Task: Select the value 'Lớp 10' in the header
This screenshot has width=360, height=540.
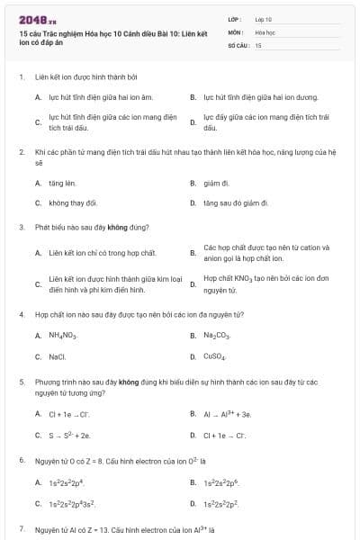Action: point(264,19)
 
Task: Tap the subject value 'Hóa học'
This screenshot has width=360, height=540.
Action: point(265,31)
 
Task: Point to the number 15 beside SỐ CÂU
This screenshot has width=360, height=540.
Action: point(258,44)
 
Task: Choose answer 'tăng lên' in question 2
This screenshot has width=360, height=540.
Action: point(63,183)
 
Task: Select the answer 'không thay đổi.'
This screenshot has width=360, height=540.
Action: point(73,202)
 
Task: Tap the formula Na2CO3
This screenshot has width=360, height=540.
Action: point(217,336)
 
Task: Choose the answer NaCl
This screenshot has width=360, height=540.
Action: point(58,356)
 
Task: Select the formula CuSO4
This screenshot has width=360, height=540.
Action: point(215,356)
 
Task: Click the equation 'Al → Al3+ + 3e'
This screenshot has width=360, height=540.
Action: point(228,414)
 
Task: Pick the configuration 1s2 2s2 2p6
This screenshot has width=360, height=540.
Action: point(221,482)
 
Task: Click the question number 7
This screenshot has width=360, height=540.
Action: point(21,528)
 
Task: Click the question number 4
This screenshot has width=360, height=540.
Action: point(21,314)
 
